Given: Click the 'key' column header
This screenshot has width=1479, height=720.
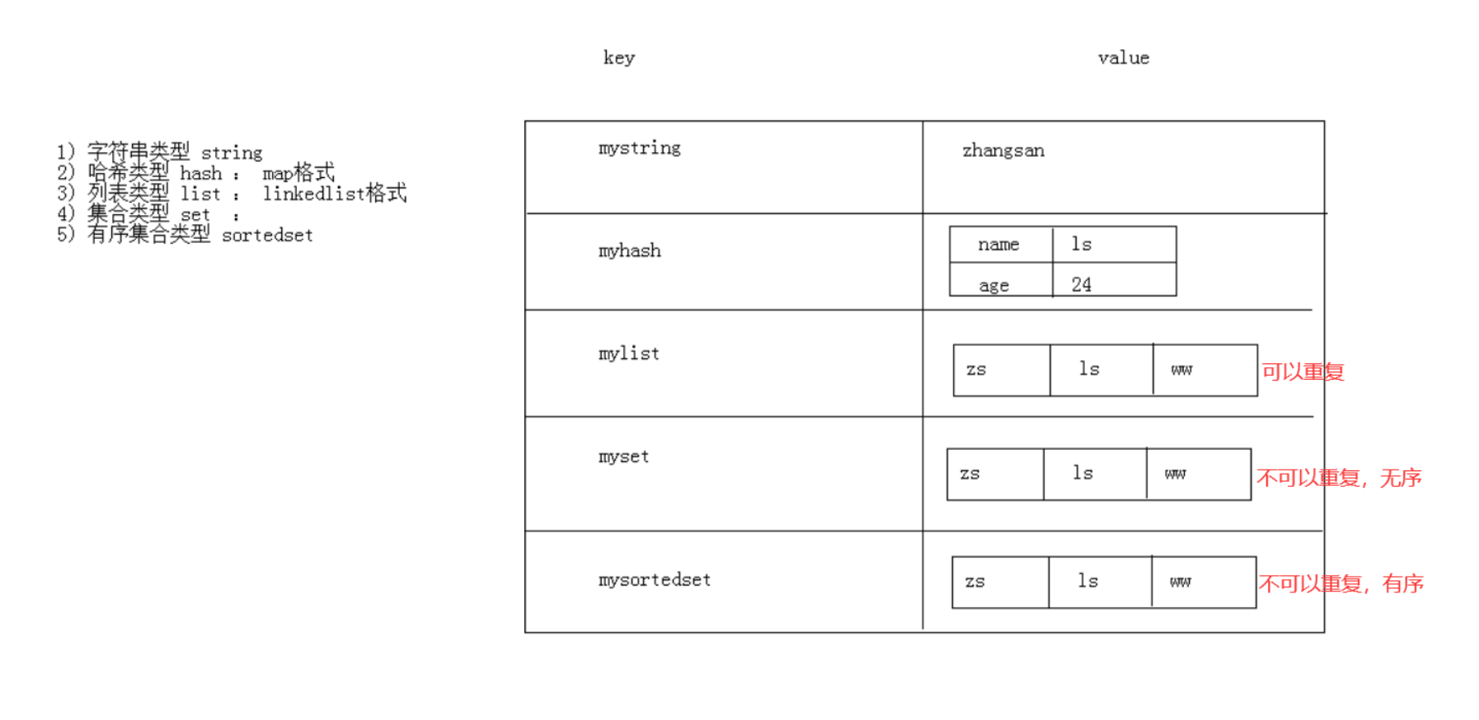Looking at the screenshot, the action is click(x=619, y=58).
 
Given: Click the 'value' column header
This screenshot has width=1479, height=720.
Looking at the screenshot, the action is click(x=1124, y=58).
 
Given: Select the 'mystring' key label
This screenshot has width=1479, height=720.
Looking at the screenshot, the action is click(x=640, y=148).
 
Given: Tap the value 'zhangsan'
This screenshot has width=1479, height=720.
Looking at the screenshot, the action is click(x=1003, y=151).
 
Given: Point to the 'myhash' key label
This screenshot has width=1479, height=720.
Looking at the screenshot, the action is click(x=630, y=251).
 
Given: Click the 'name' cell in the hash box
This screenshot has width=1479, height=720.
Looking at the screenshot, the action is click(x=998, y=245).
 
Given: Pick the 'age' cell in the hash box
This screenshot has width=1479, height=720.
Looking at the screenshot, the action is click(x=994, y=285).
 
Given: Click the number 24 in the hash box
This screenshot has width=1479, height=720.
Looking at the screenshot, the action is click(x=1082, y=284).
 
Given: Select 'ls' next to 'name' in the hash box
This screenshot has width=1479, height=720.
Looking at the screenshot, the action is click(x=1082, y=244).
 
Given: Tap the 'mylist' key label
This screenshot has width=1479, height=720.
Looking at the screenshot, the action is click(x=629, y=354).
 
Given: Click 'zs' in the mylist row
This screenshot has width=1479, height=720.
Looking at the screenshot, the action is click(x=976, y=370).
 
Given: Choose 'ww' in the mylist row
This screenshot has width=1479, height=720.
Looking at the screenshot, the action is click(x=1181, y=370).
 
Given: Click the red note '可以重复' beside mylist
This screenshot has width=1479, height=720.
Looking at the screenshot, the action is click(x=1303, y=372).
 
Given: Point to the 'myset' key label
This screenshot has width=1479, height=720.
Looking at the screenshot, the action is click(x=624, y=457).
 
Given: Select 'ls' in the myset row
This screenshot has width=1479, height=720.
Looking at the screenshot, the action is click(x=1083, y=473).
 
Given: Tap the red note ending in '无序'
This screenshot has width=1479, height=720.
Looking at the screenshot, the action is click(x=1340, y=478).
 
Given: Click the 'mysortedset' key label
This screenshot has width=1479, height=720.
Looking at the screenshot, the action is click(x=655, y=580).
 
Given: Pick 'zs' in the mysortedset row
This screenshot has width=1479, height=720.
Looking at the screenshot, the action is click(x=975, y=582).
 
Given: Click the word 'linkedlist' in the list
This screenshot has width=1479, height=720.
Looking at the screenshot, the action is click(x=314, y=194).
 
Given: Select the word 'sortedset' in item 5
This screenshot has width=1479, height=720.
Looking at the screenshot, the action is click(x=268, y=236).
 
